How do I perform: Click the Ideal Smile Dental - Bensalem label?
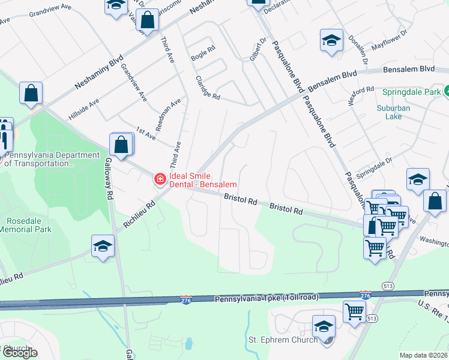point(203,180)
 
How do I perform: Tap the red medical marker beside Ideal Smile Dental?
point(160,178)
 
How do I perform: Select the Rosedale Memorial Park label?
point(25,224)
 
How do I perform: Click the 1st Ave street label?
point(146,134)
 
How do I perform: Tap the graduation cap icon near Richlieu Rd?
point(103,247)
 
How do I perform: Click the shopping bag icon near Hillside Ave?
point(31,94)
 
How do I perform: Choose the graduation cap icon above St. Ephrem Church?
point(324,327)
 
